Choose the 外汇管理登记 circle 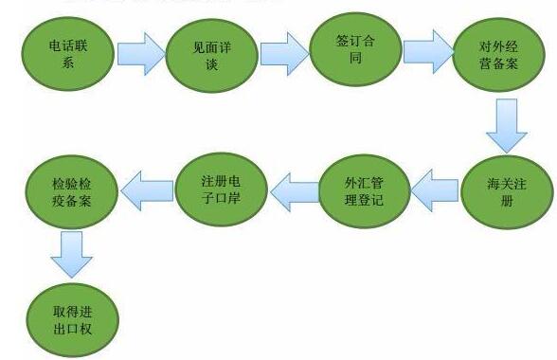(x=357, y=188)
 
